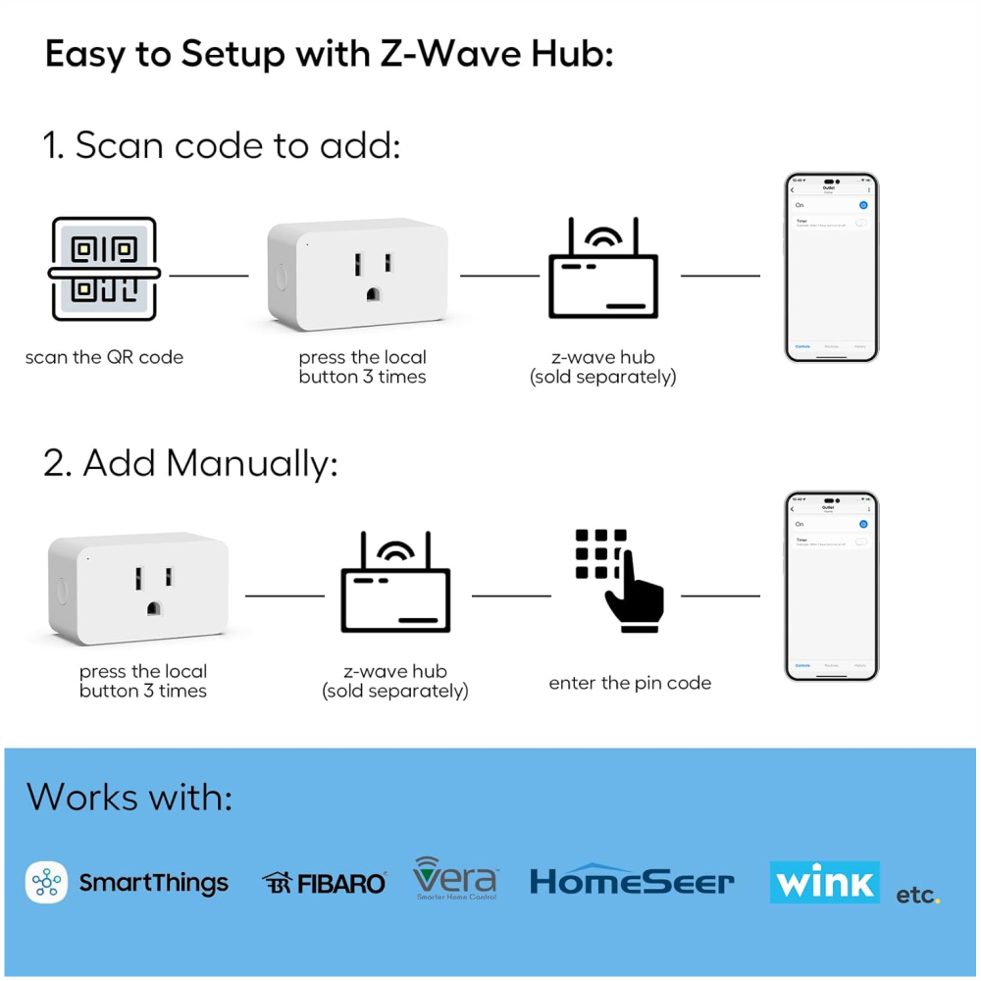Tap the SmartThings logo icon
tap(46, 883)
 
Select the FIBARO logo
tap(325, 883)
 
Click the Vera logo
tap(455, 878)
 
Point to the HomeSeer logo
tap(632, 880)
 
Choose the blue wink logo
tap(824, 882)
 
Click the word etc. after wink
tap(917, 895)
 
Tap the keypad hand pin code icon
tap(618, 580)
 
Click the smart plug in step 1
tap(359, 276)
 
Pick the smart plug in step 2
tap(138, 589)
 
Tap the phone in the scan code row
tap(831, 268)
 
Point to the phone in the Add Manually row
tap(831, 587)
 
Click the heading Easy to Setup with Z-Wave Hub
tap(330, 54)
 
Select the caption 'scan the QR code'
tap(104, 357)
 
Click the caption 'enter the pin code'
tap(630, 683)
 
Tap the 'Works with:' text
tap(129, 797)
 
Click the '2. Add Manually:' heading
tap(190, 463)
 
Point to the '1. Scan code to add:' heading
tap(222, 145)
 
